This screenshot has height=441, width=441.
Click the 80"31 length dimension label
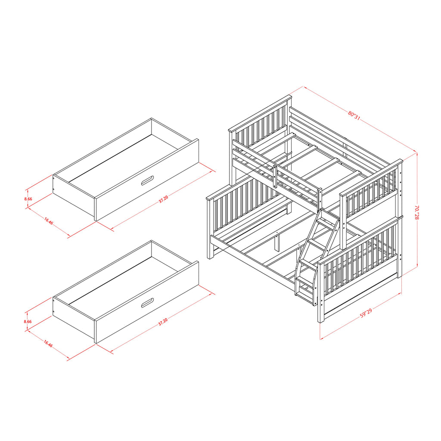(354, 115)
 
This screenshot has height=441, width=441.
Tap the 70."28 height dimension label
(416, 212)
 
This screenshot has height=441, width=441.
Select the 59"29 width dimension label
(366, 314)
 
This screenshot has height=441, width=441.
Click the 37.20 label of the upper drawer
(163, 199)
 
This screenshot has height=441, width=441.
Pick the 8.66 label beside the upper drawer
(28, 199)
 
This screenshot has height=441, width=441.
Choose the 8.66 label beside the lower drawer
(28, 321)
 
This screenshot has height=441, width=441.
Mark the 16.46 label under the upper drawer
(49, 221)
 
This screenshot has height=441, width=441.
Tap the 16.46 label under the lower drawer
(48, 344)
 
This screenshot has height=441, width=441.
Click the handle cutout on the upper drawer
(147, 180)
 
